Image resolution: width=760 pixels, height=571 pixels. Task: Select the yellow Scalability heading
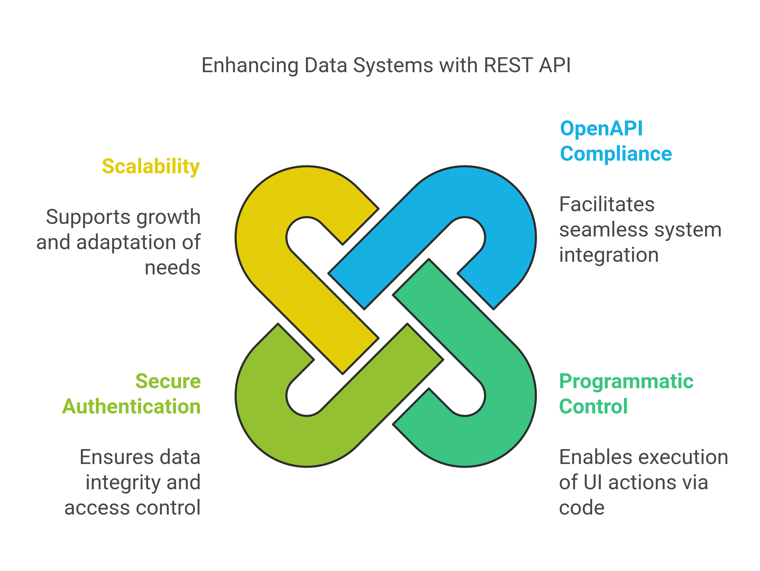[150, 167]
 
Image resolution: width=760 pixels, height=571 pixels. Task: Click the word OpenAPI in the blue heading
[601, 129]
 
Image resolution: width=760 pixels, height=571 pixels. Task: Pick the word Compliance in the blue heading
[616, 154]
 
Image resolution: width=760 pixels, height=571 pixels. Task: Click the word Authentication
[131, 407]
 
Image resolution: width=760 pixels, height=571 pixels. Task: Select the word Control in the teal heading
[593, 407]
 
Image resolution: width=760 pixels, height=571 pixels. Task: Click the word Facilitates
[607, 204]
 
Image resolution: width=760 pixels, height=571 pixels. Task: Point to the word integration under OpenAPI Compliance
[609, 255]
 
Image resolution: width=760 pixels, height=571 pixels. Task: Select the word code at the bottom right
[581, 508]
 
